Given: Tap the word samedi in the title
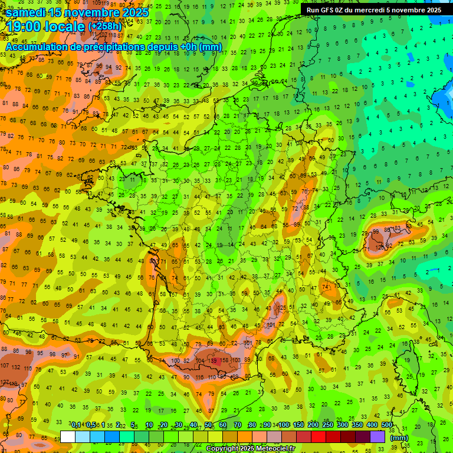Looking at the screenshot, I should tap(28, 12).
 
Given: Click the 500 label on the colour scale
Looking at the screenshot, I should tap(387, 425).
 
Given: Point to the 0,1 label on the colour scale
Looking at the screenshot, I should tap(76, 425).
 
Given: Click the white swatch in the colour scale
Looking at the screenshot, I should tap(68, 436).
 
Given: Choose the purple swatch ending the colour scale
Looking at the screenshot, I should tap(377, 436).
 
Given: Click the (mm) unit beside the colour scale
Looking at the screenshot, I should tap(399, 437).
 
